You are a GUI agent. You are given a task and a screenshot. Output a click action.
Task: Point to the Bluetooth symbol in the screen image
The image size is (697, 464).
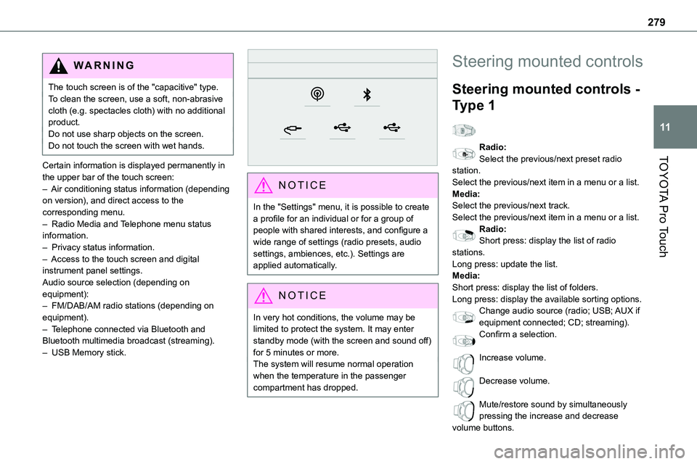(x=367, y=94)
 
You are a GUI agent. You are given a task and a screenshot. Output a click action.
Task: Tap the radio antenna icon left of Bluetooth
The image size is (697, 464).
(x=317, y=94)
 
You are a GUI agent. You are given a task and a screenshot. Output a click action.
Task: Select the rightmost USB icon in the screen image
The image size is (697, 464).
(x=392, y=128)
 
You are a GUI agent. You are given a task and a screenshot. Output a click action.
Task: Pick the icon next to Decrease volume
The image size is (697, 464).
(x=462, y=386)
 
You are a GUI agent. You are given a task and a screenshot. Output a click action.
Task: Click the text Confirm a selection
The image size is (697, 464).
(x=518, y=334)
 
